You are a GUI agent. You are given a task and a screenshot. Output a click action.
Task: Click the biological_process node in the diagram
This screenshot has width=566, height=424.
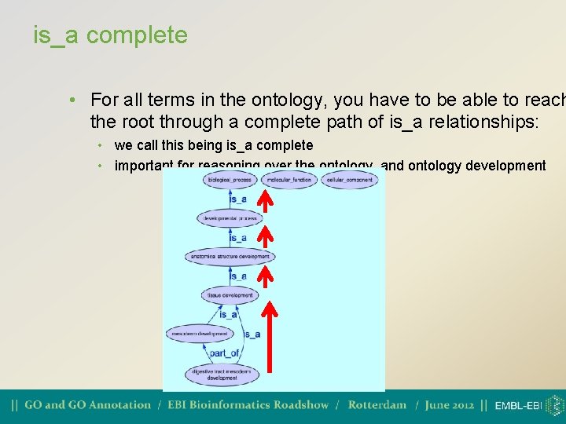230,180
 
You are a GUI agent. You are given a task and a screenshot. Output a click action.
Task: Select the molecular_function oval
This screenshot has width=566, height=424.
289,180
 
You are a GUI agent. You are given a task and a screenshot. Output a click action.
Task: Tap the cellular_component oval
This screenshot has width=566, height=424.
349,180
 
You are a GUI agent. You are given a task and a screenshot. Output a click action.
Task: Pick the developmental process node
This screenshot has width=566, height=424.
230,217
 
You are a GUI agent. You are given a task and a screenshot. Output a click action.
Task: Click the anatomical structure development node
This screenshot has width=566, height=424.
230,256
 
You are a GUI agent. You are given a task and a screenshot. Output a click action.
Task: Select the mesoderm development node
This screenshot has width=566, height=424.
200,334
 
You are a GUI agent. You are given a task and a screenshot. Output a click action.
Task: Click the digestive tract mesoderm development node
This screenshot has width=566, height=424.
222,374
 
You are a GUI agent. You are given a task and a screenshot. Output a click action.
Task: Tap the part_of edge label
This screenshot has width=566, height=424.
224,353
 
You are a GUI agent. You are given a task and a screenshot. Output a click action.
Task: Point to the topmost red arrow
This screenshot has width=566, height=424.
266,202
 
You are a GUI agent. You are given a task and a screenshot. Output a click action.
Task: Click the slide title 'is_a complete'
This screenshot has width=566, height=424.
110,35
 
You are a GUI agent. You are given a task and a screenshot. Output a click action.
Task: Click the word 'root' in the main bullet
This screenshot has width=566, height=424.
159,122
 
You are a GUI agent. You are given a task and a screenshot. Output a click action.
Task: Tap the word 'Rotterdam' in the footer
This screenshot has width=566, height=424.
377,405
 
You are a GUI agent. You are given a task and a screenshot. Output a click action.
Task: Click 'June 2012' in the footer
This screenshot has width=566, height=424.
450,405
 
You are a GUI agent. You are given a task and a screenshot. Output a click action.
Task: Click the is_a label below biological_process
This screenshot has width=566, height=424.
237,199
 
